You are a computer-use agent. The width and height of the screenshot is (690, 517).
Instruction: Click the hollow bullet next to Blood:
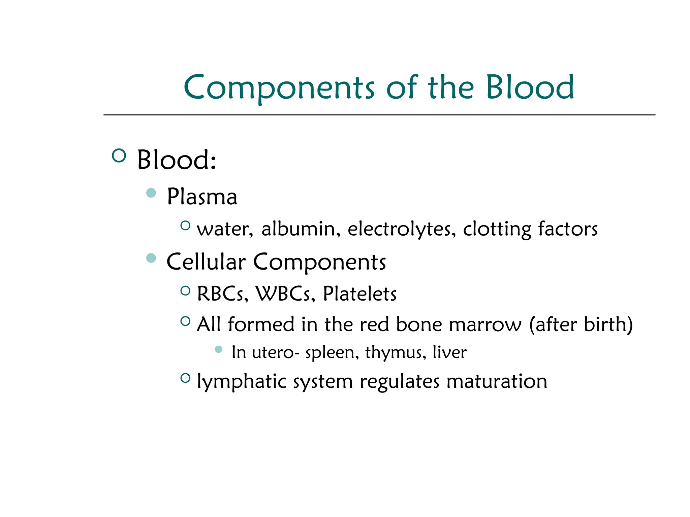click(119, 156)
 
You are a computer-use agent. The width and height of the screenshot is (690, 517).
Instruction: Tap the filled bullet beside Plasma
click(151, 193)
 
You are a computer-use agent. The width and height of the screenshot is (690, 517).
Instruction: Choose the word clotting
click(497, 229)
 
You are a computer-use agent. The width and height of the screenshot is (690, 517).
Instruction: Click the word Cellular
click(206, 262)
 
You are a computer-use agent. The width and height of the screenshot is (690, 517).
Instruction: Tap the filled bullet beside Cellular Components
click(151, 258)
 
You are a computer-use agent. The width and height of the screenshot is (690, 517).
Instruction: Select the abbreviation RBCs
click(222, 294)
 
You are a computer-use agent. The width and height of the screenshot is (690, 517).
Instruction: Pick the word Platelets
click(359, 294)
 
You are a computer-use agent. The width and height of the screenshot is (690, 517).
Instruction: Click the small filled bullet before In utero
click(219, 349)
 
